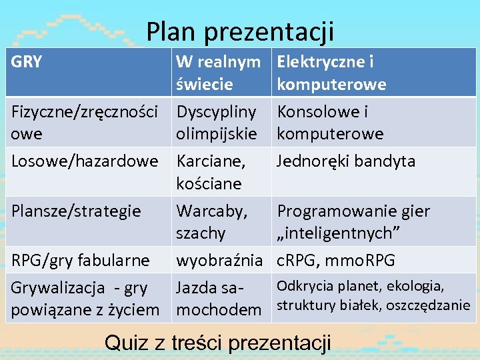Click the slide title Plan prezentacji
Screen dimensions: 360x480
pyautogui.click(x=240, y=31)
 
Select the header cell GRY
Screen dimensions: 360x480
pyautogui.click(x=27, y=63)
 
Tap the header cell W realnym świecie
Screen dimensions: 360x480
pyautogui.click(x=218, y=73)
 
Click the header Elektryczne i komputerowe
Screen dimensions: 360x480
pyautogui.click(x=331, y=73)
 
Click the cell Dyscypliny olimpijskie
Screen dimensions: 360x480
pyautogui.click(x=216, y=123)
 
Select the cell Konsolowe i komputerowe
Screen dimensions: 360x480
pyautogui.click(x=330, y=123)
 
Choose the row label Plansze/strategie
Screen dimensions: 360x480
pyautogui.click(x=76, y=211)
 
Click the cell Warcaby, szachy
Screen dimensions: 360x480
pyautogui.click(x=211, y=222)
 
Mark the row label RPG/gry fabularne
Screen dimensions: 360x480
pyautogui.click(x=80, y=259)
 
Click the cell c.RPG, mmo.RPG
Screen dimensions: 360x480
pyautogui.click(x=336, y=259)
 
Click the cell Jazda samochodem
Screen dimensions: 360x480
pyautogui.click(x=218, y=298)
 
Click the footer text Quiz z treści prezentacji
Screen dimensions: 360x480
pyautogui.click(x=218, y=343)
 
